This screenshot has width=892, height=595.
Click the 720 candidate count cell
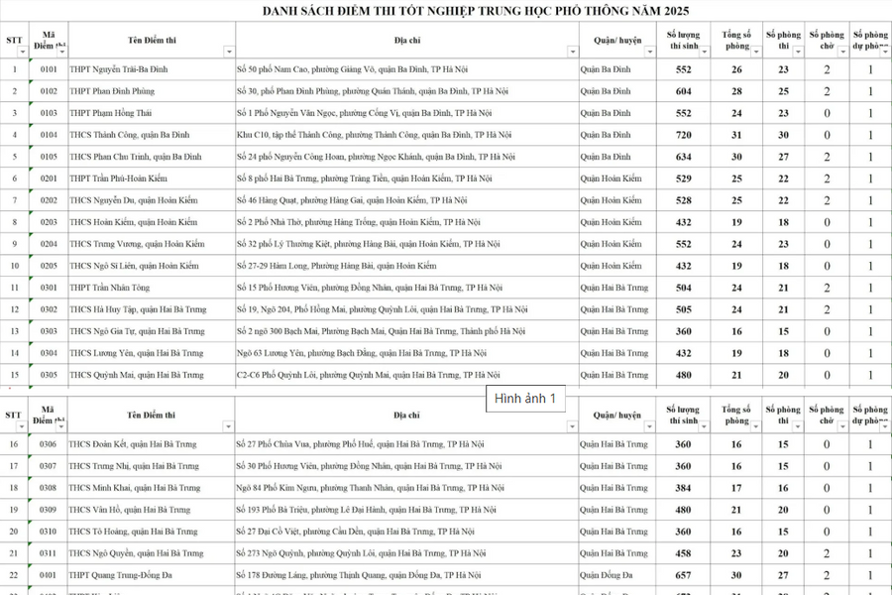pyautogui.click(x=683, y=135)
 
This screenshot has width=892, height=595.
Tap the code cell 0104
pyautogui.click(x=49, y=135)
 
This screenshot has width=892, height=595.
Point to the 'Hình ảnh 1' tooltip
pyautogui.click(x=525, y=398)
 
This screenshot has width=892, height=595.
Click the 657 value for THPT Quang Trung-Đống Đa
pyautogui.click(x=683, y=575)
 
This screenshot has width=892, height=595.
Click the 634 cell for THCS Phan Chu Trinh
pyautogui.click(x=683, y=157)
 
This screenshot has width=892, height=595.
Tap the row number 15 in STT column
pyautogui.click(x=14, y=375)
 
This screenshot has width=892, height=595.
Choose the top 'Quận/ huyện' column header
pyautogui.click(x=617, y=41)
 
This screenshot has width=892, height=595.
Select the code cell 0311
pyautogui.click(x=49, y=553)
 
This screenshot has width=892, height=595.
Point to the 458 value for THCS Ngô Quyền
pyautogui.click(x=683, y=553)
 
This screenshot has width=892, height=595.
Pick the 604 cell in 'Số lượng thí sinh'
pyautogui.click(x=683, y=91)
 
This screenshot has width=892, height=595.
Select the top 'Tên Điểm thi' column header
pyautogui.click(x=151, y=41)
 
